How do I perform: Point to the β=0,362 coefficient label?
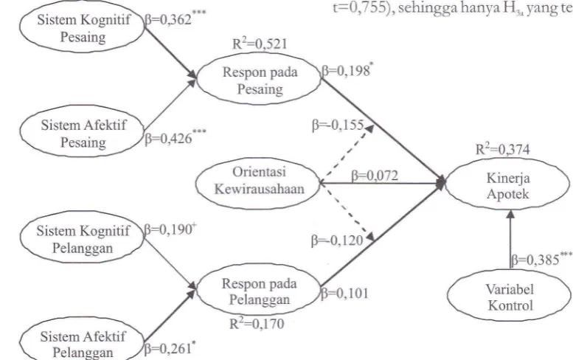[x=176, y=18]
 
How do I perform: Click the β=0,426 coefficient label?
[x=176, y=137]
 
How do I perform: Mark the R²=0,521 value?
[x=260, y=44]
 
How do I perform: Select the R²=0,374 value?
[x=502, y=149]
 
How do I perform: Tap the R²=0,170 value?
[x=257, y=323]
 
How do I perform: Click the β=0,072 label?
[x=375, y=176]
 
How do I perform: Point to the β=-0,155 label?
[x=338, y=125]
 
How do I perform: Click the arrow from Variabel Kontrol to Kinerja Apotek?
[x=510, y=240]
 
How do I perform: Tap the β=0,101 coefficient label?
[x=344, y=294]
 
